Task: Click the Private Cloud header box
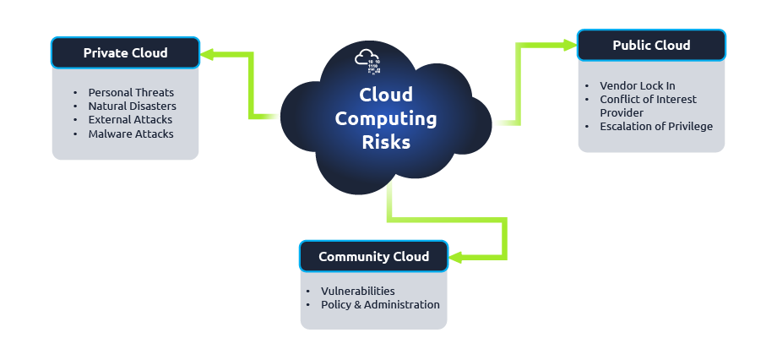[x=125, y=52]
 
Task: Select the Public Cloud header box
[x=650, y=45]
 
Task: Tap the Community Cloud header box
[x=373, y=256]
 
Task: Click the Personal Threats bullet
[x=131, y=92]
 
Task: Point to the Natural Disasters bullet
[x=132, y=106]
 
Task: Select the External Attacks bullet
[x=130, y=120]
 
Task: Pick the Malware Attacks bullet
[x=131, y=134]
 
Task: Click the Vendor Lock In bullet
[x=637, y=85]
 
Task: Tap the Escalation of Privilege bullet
[x=655, y=126]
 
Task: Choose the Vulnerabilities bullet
[x=357, y=291]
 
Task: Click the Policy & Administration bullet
[x=380, y=304]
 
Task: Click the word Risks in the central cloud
[x=386, y=142]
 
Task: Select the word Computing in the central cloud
[x=386, y=118]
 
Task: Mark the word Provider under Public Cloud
[x=622, y=112]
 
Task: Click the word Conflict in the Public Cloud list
[x=618, y=99]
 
